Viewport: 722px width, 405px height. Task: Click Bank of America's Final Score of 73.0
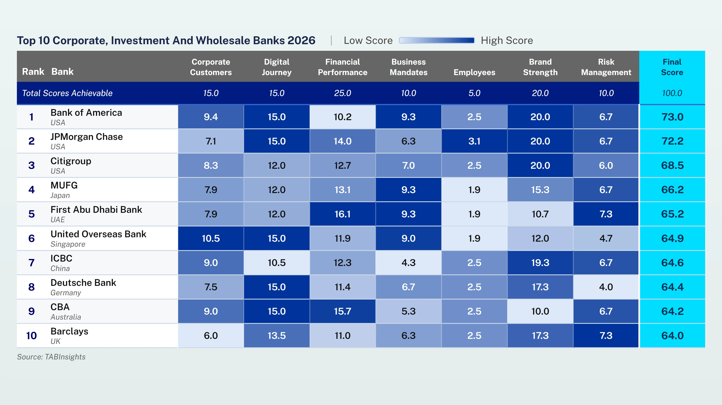click(672, 117)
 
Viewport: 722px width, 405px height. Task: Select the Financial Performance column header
click(343, 67)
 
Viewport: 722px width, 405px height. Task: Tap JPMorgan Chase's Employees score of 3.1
click(474, 141)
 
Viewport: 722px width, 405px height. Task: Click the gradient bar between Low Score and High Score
click(437, 40)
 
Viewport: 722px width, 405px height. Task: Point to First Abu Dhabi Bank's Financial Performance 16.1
click(343, 214)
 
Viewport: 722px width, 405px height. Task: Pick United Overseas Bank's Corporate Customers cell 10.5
click(211, 238)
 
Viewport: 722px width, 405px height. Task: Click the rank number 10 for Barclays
click(31, 335)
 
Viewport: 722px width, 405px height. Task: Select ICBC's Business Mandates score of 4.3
click(408, 263)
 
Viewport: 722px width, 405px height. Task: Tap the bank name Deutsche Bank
click(83, 283)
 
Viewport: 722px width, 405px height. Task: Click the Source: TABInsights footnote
click(51, 357)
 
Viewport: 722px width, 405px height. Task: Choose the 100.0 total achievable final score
click(672, 93)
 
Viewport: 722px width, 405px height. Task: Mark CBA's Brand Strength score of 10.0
click(540, 311)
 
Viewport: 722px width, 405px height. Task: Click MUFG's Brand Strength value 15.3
click(540, 190)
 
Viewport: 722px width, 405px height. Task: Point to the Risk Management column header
click(606, 67)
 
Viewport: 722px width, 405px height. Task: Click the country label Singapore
click(68, 244)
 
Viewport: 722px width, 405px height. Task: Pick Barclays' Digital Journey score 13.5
click(277, 335)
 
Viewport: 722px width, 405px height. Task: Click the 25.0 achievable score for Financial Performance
click(343, 93)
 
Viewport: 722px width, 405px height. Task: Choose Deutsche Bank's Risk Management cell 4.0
click(606, 287)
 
